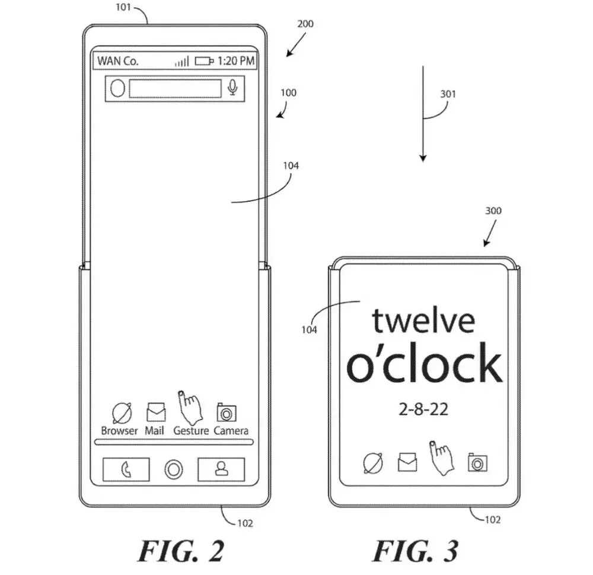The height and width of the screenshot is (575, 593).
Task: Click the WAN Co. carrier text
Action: (x=118, y=61)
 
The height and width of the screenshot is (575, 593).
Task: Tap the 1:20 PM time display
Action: (x=236, y=61)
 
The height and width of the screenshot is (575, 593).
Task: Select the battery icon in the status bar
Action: (x=204, y=61)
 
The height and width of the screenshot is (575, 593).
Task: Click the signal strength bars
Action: (x=181, y=61)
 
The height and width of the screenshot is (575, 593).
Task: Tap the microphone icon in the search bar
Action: (x=232, y=88)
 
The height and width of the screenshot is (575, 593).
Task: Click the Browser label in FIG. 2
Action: (x=119, y=431)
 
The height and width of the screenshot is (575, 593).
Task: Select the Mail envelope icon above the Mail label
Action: (x=156, y=411)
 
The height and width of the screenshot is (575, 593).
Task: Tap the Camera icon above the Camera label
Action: (x=227, y=412)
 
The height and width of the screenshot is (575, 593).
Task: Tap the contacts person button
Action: (x=221, y=469)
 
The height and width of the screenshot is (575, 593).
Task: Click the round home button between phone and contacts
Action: (x=174, y=470)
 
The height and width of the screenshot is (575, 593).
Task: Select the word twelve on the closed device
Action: (x=423, y=320)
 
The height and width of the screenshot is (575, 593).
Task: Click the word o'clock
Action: (x=424, y=364)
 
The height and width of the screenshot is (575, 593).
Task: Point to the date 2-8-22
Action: (x=424, y=409)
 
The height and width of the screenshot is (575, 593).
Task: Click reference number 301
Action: (x=449, y=94)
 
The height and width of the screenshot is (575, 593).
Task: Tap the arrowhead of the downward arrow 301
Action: (x=423, y=157)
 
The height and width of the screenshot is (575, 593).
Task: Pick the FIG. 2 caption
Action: (x=181, y=551)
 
